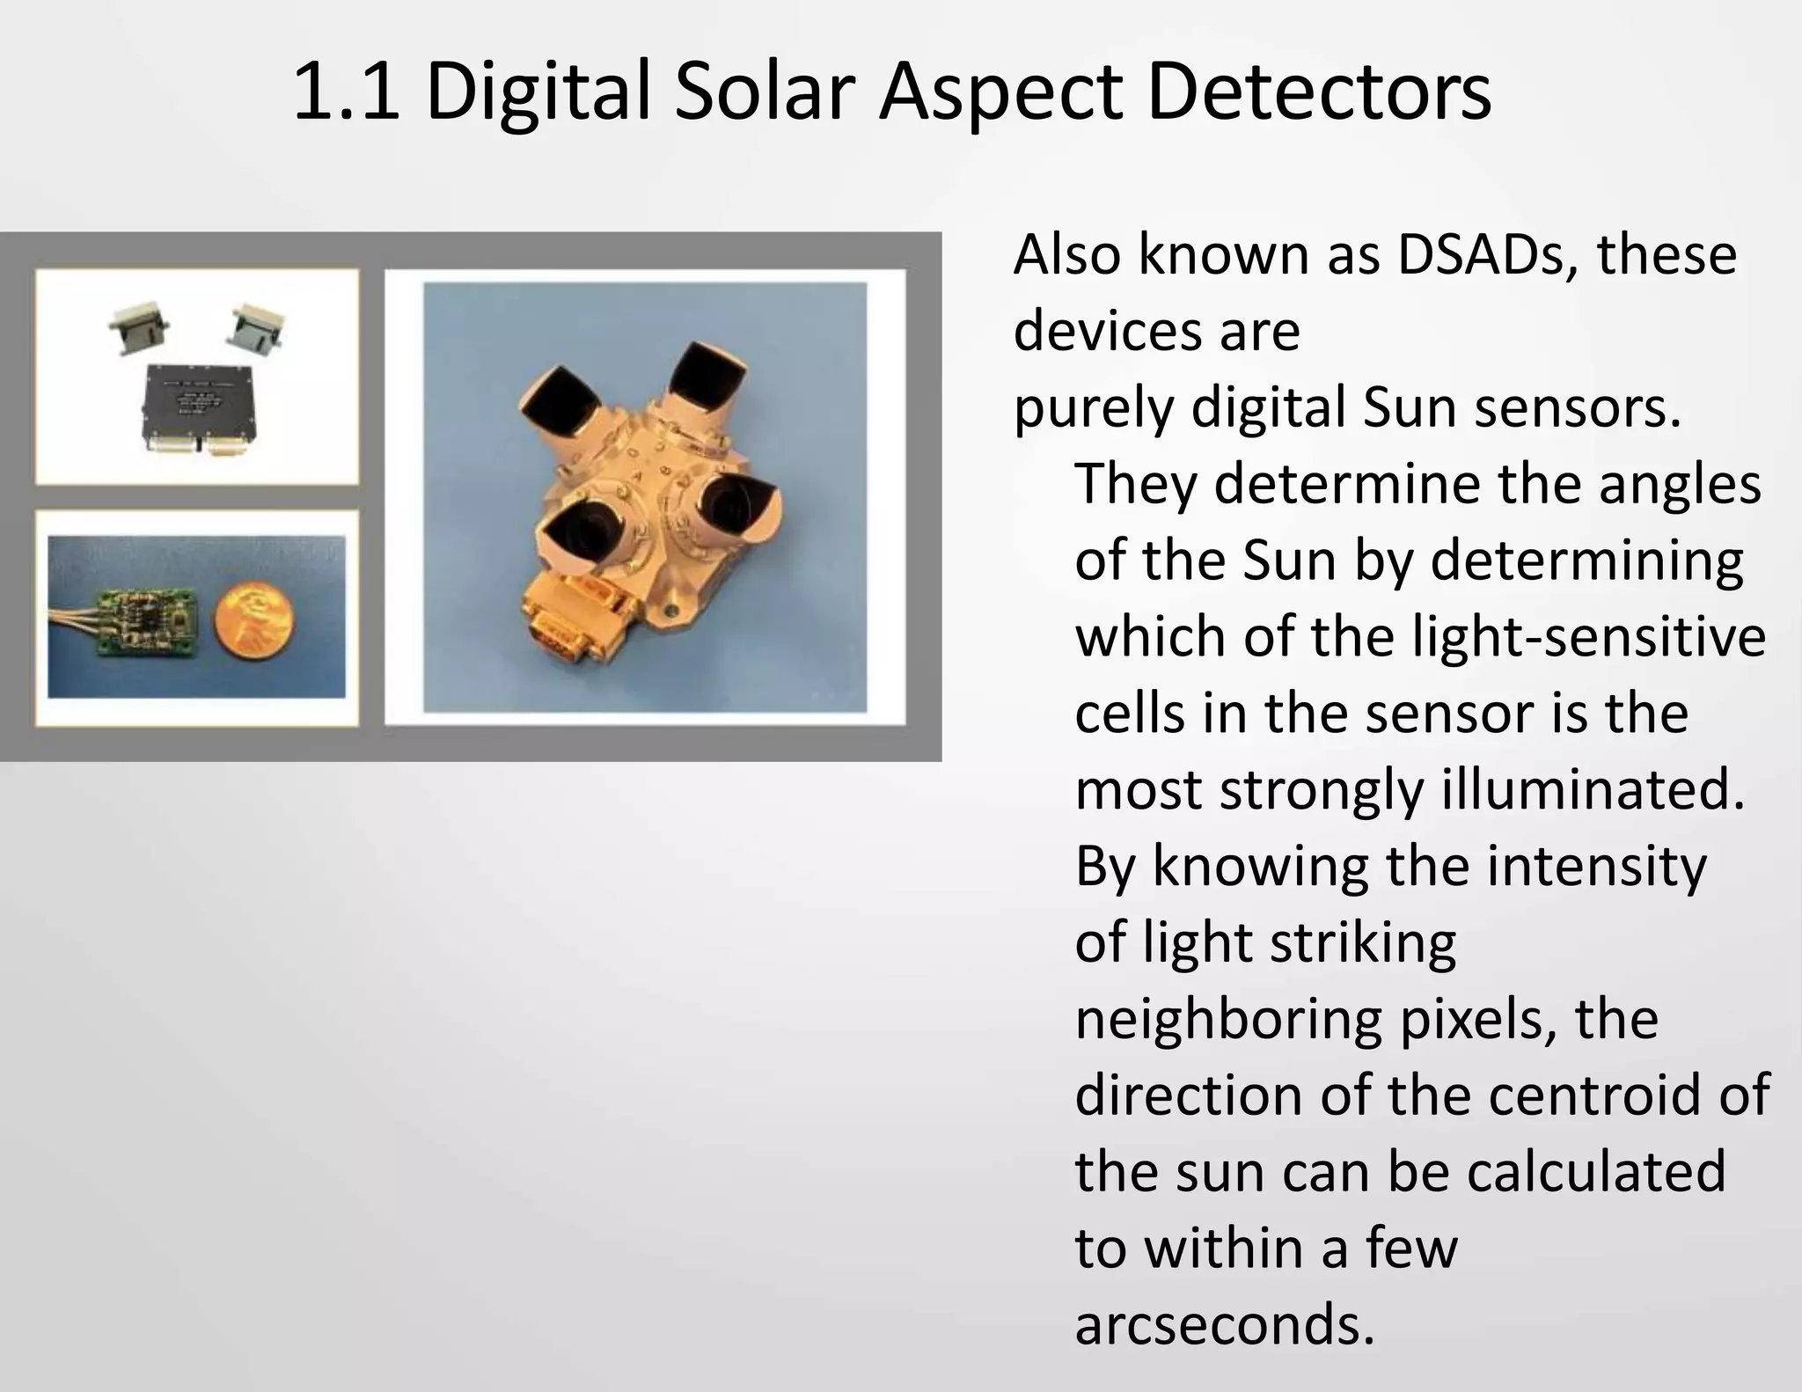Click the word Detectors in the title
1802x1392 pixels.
[1319, 92]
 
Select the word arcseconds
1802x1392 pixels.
[1224, 1325]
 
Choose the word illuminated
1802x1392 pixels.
[1593, 789]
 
